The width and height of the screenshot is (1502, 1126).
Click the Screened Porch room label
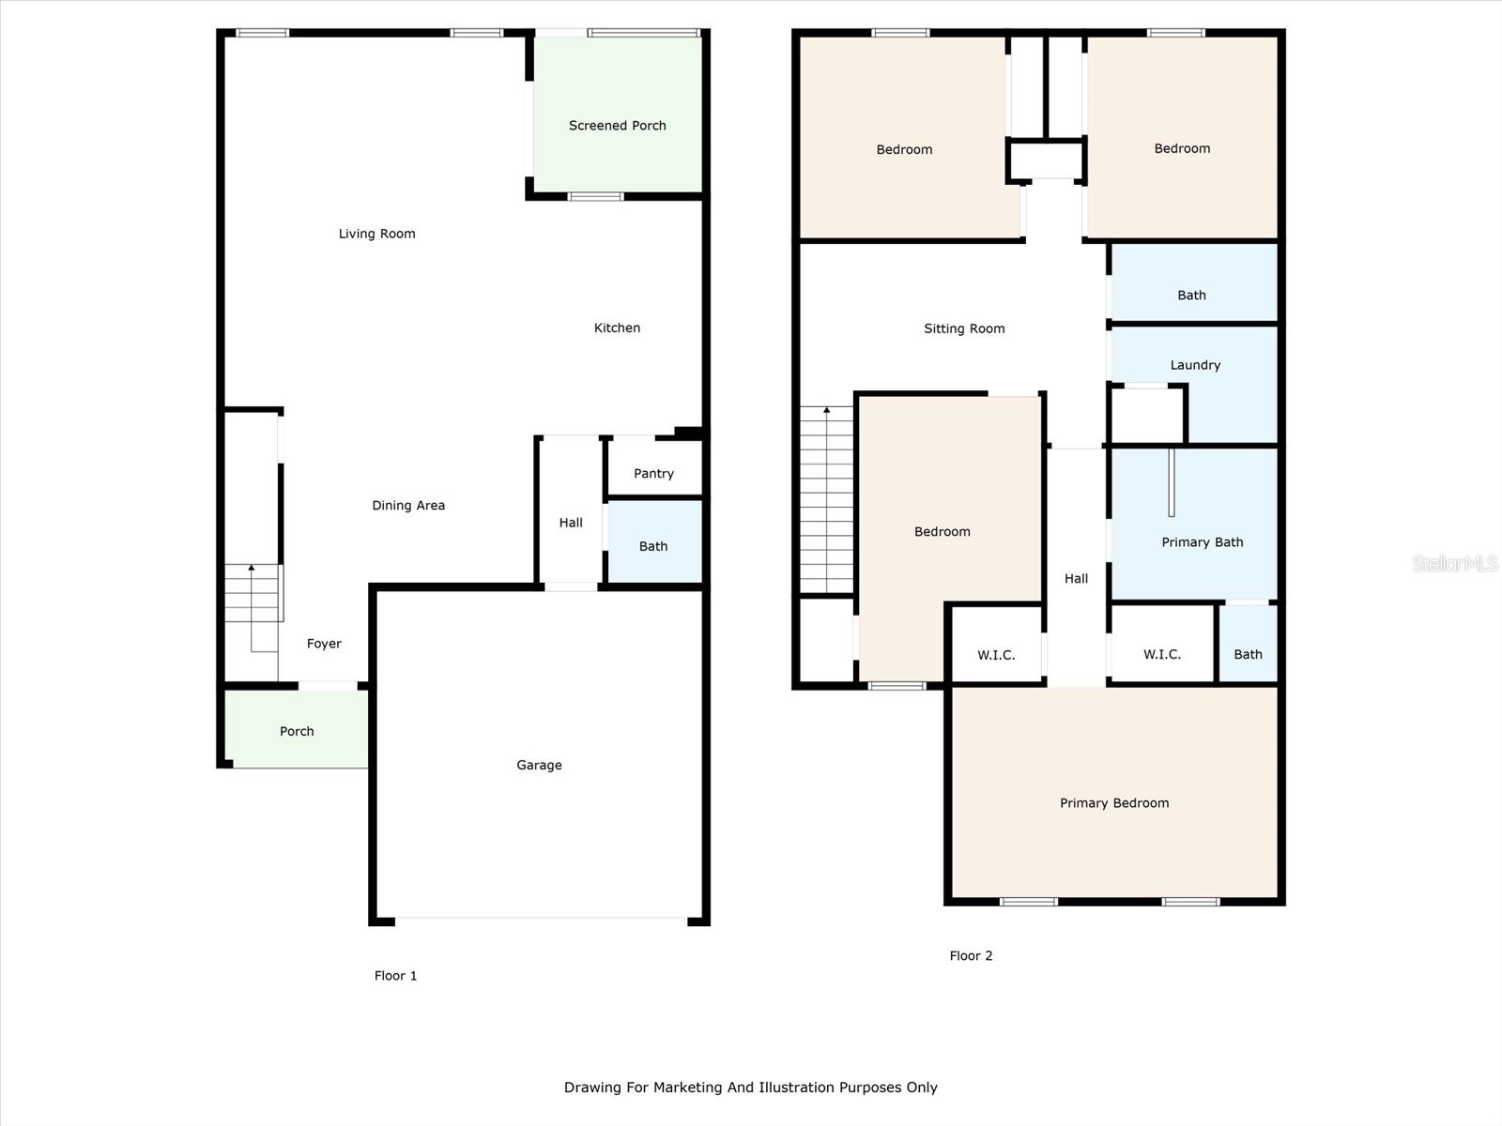click(x=617, y=126)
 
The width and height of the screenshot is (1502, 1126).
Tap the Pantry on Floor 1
click(x=653, y=474)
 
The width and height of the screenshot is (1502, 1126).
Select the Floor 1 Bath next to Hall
click(x=653, y=546)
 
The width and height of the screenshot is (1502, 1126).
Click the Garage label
click(x=539, y=766)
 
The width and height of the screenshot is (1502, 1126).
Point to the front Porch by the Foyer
click(x=297, y=731)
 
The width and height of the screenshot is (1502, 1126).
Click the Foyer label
click(x=324, y=644)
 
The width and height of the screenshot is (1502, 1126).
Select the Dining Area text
click(x=408, y=506)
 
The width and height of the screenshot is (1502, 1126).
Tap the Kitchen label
click(x=617, y=328)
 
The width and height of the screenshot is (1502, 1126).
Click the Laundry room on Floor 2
click(x=1195, y=365)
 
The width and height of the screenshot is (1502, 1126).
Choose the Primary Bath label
click(x=1202, y=542)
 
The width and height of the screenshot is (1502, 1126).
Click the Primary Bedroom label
click(x=1114, y=803)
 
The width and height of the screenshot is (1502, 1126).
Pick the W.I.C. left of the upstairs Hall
click(x=996, y=655)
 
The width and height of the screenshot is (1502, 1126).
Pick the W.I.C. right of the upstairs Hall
click(x=1161, y=654)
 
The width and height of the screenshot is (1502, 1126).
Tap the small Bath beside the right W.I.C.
click(x=1248, y=654)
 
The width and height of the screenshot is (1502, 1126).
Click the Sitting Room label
click(x=964, y=328)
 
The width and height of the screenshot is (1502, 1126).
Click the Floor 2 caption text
click(x=971, y=956)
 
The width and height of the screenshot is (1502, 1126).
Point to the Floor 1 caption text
click(x=395, y=976)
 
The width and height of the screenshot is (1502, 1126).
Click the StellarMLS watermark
click(x=1454, y=563)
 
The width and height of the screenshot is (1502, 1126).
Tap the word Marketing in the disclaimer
click(x=688, y=1088)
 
